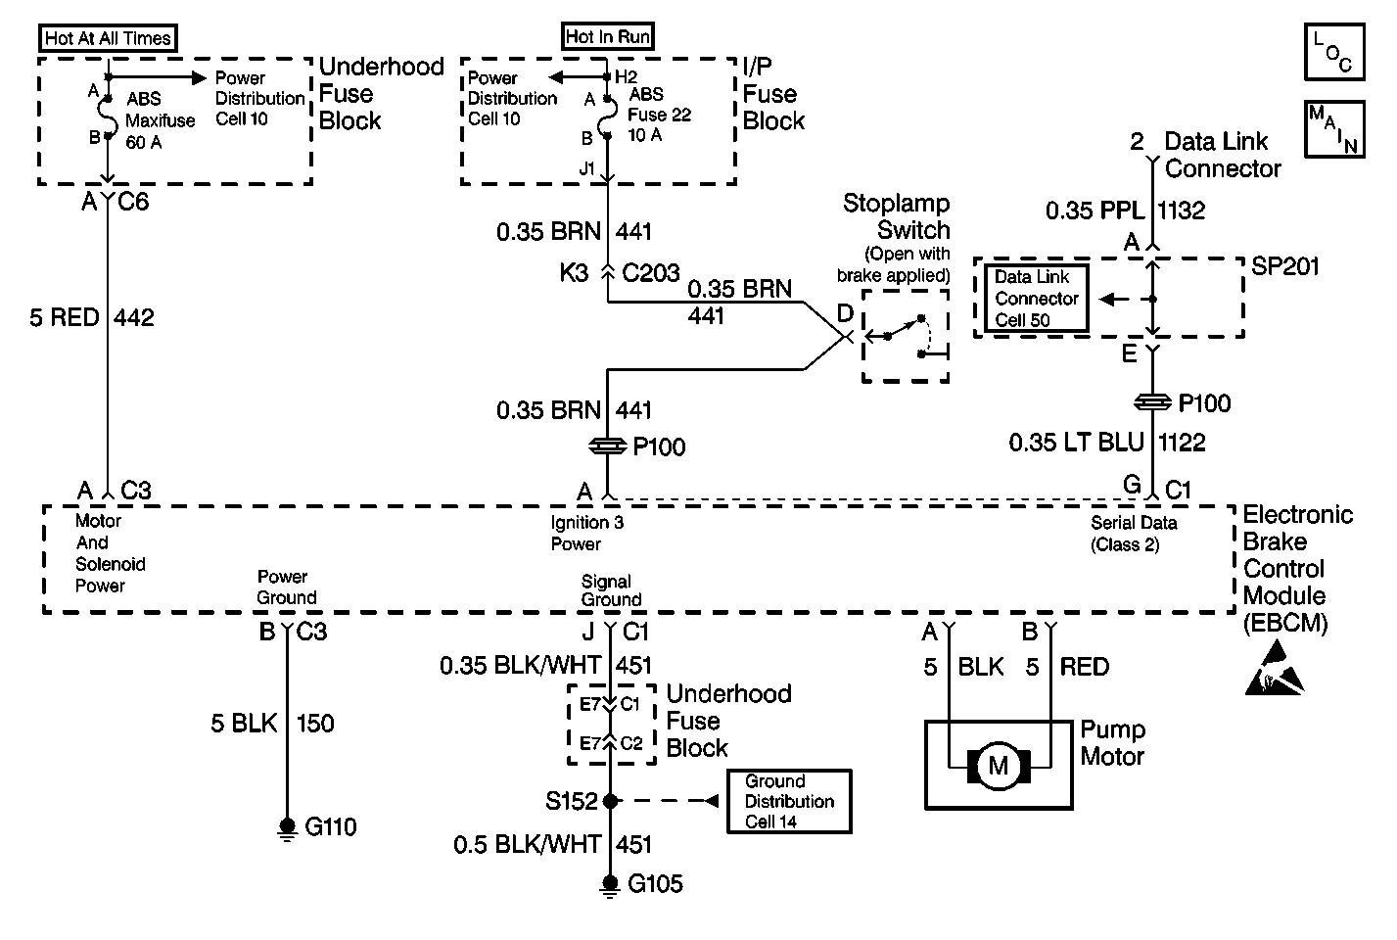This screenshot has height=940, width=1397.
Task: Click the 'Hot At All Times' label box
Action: click(109, 39)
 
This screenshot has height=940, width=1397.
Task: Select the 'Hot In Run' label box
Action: click(608, 37)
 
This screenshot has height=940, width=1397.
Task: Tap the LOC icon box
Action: click(1333, 53)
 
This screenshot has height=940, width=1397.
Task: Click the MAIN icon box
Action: click(1333, 128)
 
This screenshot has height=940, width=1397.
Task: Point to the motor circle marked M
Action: click(998, 766)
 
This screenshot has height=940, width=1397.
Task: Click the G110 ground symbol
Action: click(287, 828)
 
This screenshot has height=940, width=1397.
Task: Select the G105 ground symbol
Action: click(610, 885)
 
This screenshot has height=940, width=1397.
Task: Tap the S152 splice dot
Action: click(610, 801)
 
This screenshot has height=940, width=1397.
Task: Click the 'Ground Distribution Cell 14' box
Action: click(789, 801)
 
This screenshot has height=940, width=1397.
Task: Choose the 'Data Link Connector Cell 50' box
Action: click(1036, 299)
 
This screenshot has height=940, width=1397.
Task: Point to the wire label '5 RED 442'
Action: click(92, 318)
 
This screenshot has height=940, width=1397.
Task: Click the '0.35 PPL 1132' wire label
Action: click(1125, 211)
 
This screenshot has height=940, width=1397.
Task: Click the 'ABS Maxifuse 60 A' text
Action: click(160, 120)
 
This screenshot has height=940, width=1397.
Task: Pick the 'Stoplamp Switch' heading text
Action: click(897, 217)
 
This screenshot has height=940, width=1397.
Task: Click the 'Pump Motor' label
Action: click(1112, 743)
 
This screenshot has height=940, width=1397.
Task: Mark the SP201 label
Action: click(1286, 267)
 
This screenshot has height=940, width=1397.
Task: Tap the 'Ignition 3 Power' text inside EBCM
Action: click(586, 534)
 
